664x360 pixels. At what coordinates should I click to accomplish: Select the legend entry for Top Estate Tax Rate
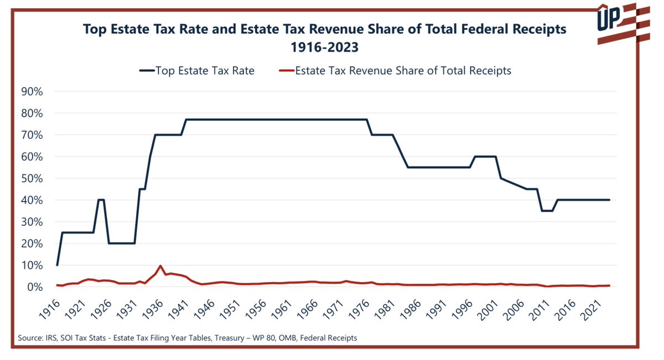205,71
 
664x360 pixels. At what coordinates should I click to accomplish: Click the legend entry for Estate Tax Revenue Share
403,71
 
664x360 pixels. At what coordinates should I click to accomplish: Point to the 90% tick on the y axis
32,91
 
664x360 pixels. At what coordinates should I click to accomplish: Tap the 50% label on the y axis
32,179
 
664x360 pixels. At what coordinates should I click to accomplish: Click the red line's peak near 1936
160,266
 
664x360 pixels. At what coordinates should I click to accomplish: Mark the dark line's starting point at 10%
57,265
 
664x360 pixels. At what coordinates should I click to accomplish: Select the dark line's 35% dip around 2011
547,211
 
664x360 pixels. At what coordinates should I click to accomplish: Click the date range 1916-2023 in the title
325,48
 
